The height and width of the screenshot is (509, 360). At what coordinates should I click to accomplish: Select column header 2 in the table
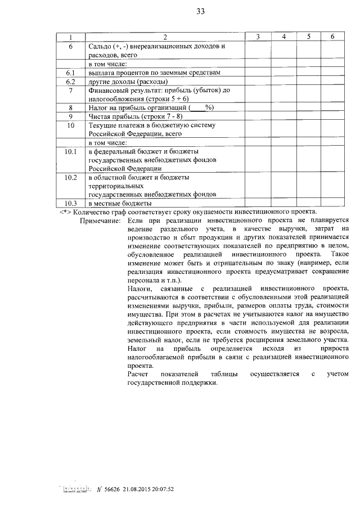[165, 37]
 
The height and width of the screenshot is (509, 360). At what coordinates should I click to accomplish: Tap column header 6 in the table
[333, 37]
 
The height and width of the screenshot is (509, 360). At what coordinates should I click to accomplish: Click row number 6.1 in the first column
[71, 73]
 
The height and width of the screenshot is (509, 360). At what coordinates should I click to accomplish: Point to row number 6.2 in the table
[71, 82]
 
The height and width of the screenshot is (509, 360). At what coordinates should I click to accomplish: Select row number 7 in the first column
[71, 90]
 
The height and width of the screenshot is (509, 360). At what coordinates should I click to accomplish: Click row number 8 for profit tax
[71, 107]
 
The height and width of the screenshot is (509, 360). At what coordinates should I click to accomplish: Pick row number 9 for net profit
[71, 116]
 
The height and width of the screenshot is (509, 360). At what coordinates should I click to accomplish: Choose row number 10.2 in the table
[71, 177]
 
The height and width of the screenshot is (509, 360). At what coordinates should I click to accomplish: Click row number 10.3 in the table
[71, 203]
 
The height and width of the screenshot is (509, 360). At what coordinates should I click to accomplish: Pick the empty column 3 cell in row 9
[257, 116]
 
